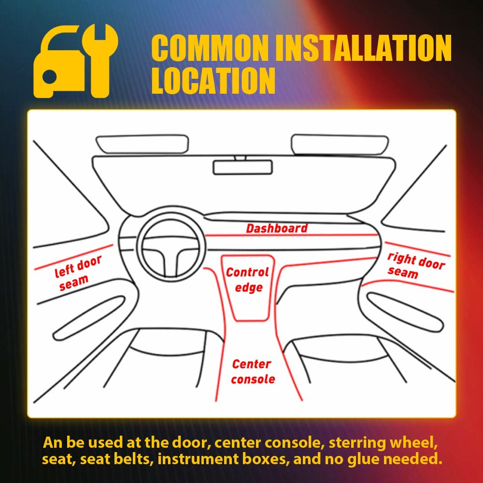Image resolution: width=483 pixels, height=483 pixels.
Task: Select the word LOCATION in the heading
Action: point(213,81)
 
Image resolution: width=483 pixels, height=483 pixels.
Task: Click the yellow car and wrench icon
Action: point(74,61)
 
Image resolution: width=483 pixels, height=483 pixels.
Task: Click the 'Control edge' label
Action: point(247,280)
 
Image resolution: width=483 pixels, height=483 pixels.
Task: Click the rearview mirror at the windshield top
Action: point(242,167)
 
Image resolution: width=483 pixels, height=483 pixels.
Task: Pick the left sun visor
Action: point(142,144)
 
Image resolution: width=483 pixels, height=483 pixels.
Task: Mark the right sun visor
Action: point(339,143)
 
